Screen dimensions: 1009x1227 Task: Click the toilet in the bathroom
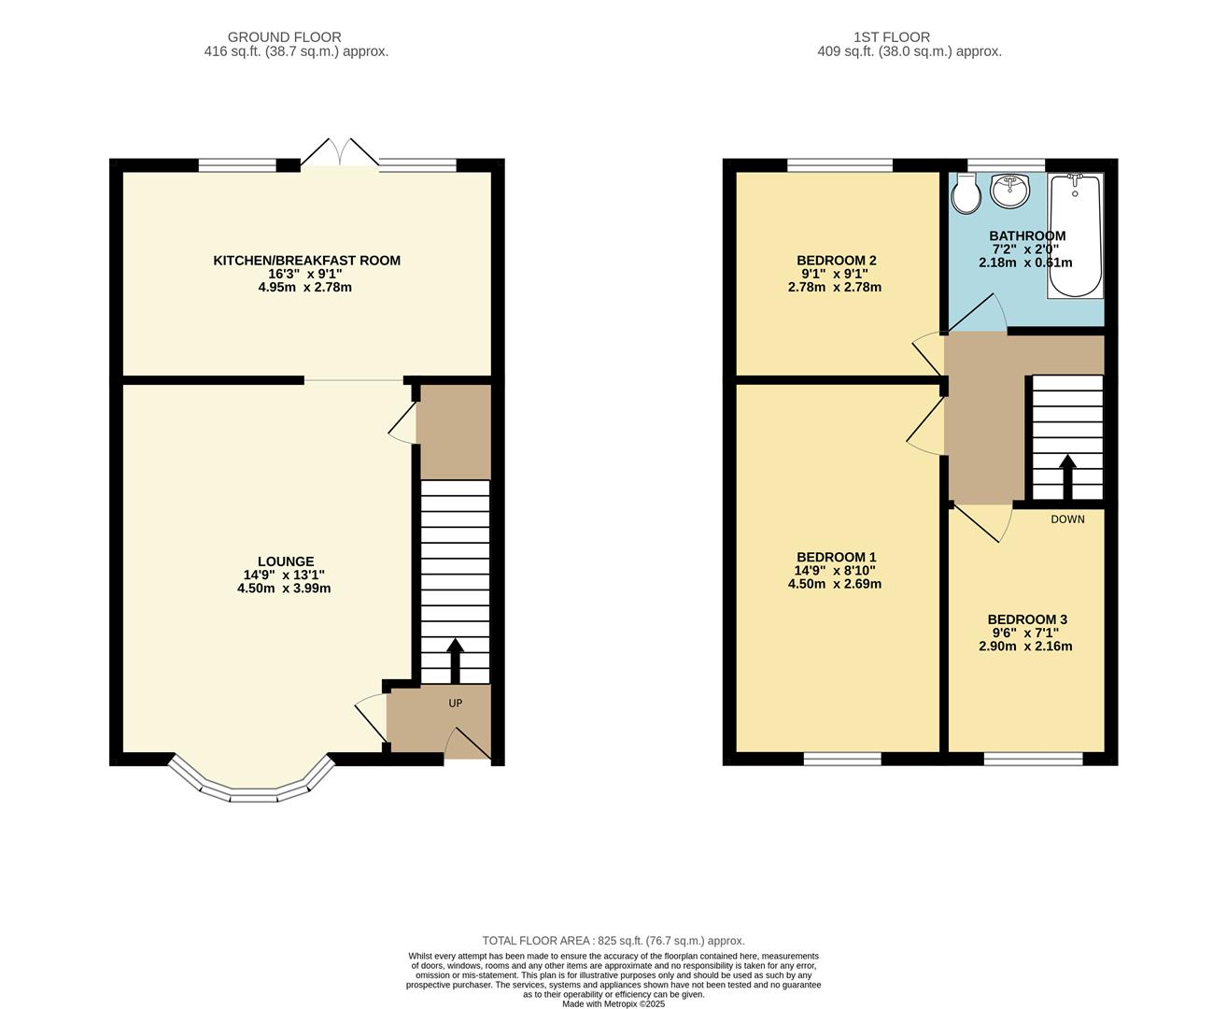[x=966, y=194]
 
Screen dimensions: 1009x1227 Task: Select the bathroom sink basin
[x=1009, y=191]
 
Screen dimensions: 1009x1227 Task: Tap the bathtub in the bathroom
[x=1075, y=235]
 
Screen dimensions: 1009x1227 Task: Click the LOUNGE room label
[x=286, y=561]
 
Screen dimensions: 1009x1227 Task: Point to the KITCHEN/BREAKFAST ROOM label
[x=306, y=261]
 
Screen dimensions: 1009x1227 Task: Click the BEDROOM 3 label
[x=1026, y=619]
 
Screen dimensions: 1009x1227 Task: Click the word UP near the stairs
[x=456, y=703]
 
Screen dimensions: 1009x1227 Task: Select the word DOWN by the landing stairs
[x=1067, y=519]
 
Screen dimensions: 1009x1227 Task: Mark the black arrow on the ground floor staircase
[x=456, y=660]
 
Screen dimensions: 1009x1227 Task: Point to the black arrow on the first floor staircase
[x=1066, y=476]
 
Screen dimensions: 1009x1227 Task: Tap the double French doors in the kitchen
[x=340, y=155]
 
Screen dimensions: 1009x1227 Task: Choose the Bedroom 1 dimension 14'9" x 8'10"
[x=835, y=571]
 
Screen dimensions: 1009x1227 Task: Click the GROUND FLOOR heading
[x=284, y=37]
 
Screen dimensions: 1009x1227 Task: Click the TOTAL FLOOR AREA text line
[x=613, y=941]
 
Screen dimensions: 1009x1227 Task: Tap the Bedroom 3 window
[x=1033, y=759]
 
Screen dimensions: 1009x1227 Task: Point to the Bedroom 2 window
[x=839, y=165]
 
